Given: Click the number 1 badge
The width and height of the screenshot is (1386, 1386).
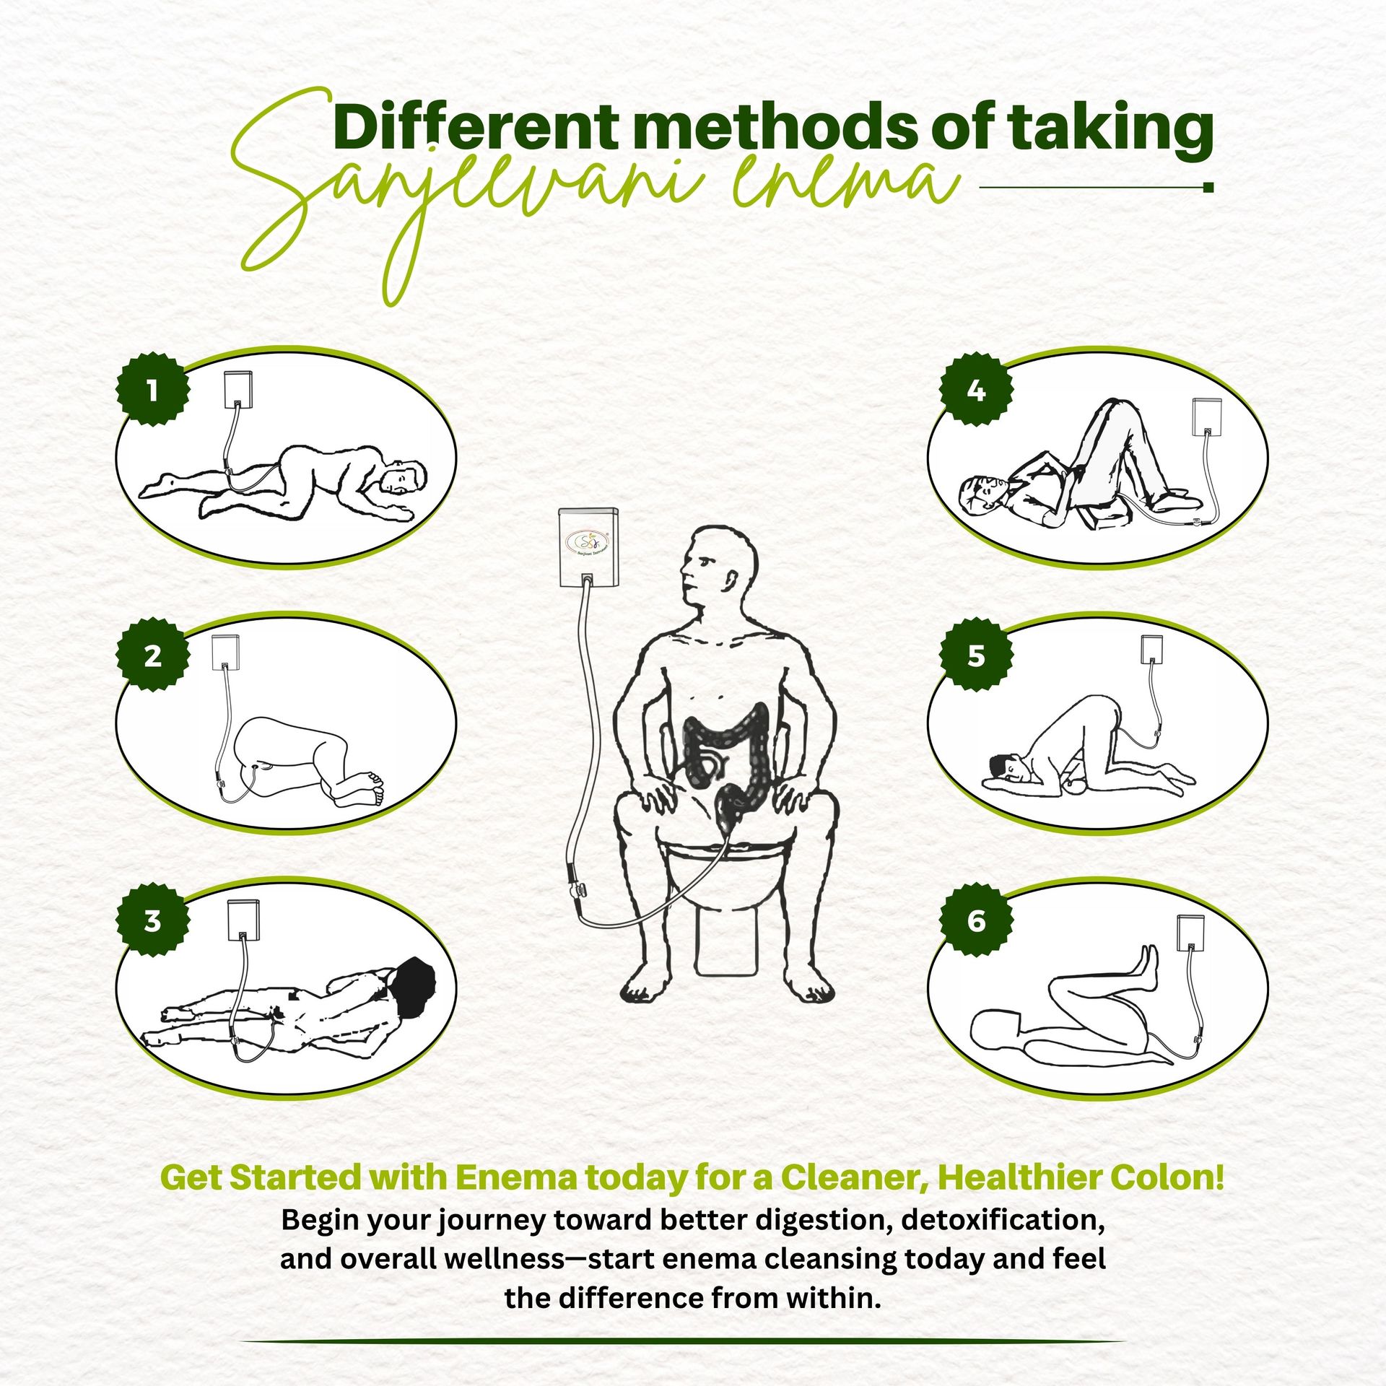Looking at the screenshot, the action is [153, 390].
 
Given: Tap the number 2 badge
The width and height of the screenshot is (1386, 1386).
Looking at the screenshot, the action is [153, 655].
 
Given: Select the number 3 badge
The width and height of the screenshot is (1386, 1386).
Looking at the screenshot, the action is [153, 920].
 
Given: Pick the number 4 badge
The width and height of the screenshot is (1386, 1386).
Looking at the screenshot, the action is [976, 390].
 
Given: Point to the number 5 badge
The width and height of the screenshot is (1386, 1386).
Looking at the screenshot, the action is [976, 655].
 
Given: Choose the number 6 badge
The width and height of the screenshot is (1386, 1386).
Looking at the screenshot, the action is [976, 920].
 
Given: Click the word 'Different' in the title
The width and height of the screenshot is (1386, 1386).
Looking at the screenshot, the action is [476, 127].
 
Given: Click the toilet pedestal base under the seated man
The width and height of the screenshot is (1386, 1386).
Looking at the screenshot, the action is [727, 938].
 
